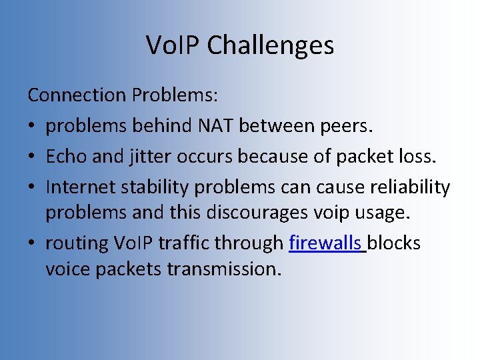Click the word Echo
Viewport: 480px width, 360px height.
click(x=63, y=157)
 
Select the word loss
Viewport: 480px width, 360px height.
click(x=417, y=157)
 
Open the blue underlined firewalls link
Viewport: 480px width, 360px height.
click(x=325, y=243)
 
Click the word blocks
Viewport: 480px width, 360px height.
click(x=393, y=243)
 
